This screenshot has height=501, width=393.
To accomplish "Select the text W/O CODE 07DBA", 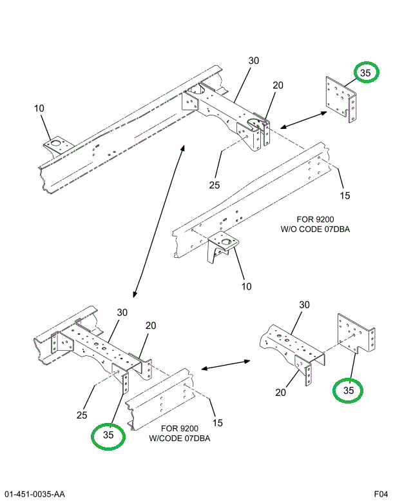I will [315, 229].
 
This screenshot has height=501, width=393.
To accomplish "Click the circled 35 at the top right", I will [365, 74].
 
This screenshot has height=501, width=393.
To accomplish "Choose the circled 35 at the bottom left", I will [108, 435].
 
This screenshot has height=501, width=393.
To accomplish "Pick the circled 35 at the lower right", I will [348, 391].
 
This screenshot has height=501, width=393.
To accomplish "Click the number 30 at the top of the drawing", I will [253, 61].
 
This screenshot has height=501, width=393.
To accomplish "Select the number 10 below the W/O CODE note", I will [246, 286].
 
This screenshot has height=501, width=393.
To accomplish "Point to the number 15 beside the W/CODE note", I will [218, 423].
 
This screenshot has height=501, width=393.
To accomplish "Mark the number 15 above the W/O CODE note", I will [344, 195].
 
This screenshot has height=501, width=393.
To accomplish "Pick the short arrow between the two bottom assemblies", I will [225, 366].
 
